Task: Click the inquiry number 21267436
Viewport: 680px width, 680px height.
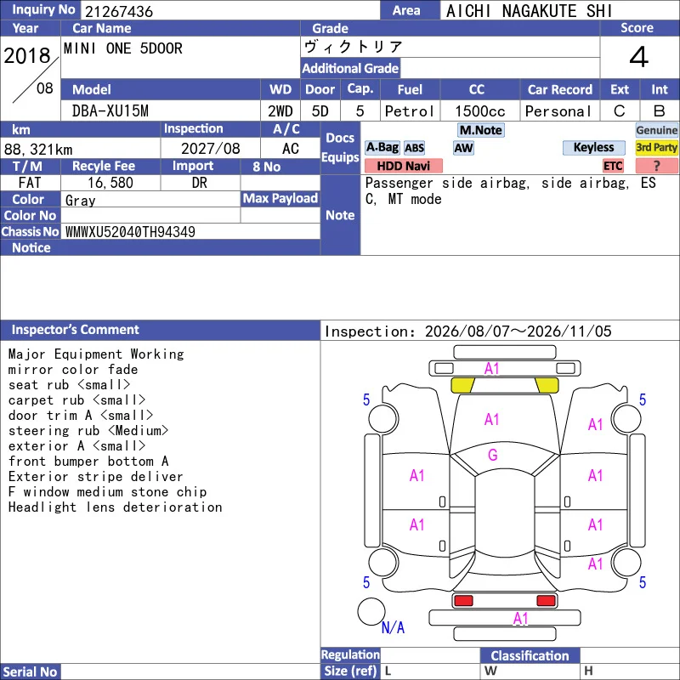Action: coord(119,11)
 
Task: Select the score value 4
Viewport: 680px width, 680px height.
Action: coord(639,57)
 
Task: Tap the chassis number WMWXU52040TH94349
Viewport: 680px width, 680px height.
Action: coord(130,232)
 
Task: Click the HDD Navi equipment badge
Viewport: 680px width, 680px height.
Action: coord(403,166)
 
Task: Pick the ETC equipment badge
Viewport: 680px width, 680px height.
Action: coord(613,166)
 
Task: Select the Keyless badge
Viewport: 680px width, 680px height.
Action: coord(593,147)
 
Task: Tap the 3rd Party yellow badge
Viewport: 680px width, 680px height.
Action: coord(656,147)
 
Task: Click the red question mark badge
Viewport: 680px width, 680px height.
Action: coord(656,166)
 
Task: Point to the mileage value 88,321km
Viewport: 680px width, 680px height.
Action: coord(38,150)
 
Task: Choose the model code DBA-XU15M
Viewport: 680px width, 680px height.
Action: coord(110,111)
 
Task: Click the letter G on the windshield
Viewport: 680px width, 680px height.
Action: coord(493,455)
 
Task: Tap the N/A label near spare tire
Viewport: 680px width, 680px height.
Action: coord(393,627)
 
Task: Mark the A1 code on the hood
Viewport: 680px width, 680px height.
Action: coord(492,419)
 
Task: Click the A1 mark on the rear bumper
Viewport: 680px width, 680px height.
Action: coord(520,618)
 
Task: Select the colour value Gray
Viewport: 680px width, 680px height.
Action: coord(80,201)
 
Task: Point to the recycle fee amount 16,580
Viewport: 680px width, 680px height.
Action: coord(110,183)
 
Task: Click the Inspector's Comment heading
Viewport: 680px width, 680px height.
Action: coord(76,330)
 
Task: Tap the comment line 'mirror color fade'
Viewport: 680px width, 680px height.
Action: coord(73,370)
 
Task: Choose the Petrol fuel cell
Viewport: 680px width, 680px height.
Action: coord(410,111)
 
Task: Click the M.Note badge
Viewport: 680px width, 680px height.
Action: coord(481,130)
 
